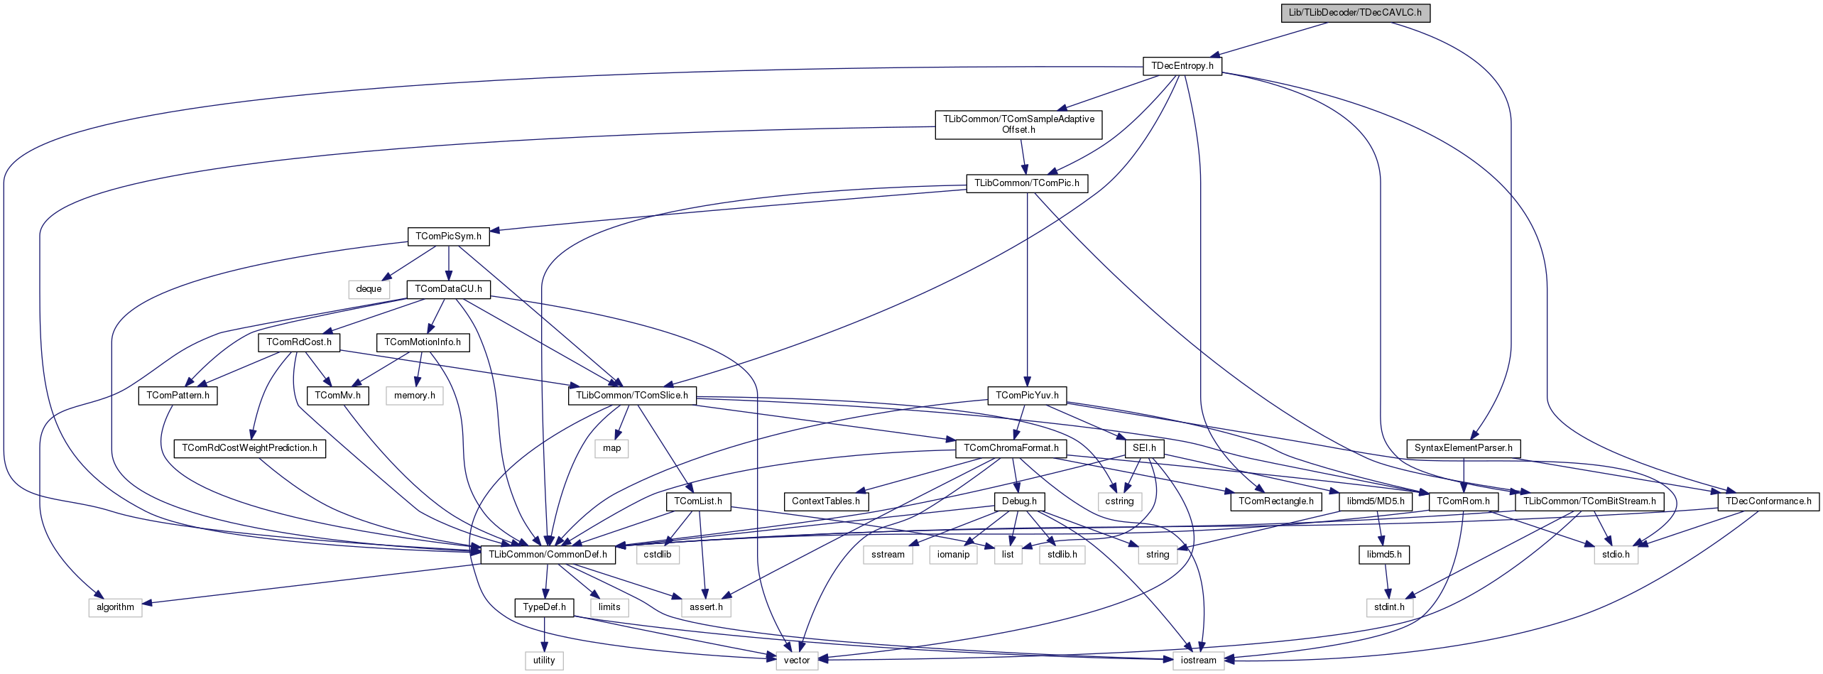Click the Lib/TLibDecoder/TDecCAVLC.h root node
tap(1355, 13)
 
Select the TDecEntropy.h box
tap(1182, 66)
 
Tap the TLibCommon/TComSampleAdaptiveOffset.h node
tap(1018, 124)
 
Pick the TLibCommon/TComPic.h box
tap(1026, 183)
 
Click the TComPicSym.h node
tap(448, 237)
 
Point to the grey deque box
tap(369, 289)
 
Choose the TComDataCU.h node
tap(448, 289)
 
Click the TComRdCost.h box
tap(299, 342)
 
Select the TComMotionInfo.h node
tap(423, 342)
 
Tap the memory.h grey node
tap(415, 396)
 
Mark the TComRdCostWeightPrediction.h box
tap(249, 448)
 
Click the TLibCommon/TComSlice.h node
tap(631, 396)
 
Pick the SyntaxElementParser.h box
tap(1463, 448)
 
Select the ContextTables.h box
tap(825, 501)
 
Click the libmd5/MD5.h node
tap(1376, 501)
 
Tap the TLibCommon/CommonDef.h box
tap(548, 555)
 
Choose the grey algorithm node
tap(115, 607)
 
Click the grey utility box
tap(544, 661)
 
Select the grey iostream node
tap(1198, 661)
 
